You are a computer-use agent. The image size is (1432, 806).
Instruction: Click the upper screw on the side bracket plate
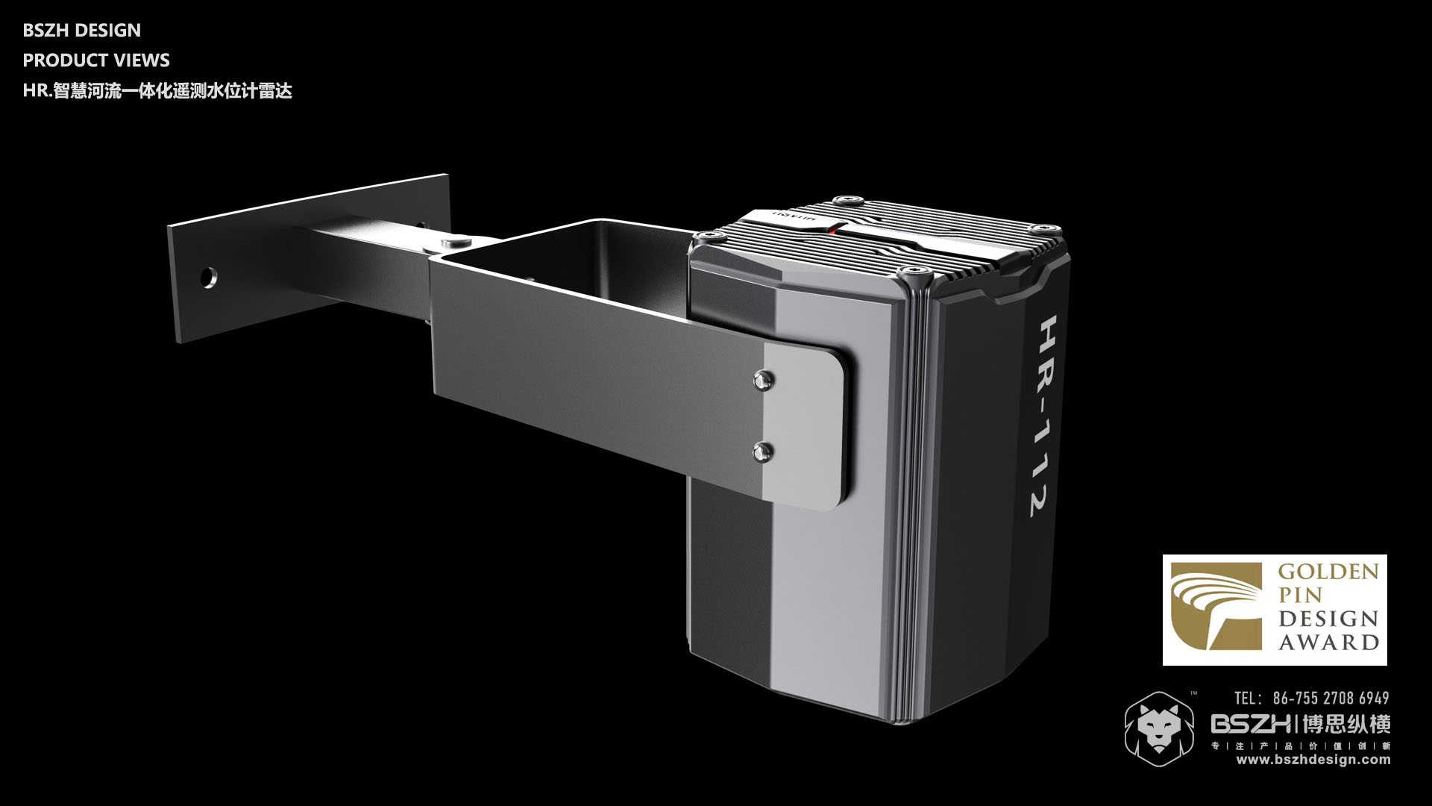pyautogui.click(x=763, y=380)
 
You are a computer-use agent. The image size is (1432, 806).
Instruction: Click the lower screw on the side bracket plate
pyautogui.click(x=762, y=450)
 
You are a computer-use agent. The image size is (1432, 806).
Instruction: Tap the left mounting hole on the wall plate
pyautogui.click(x=208, y=278)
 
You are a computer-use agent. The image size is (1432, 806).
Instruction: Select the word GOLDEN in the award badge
pyautogui.click(x=1328, y=573)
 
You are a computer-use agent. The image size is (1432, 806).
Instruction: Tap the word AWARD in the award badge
pyautogui.click(x=1328, y=643)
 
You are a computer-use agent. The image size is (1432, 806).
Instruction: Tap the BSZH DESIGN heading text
pyautogui.click(x=82, y=31)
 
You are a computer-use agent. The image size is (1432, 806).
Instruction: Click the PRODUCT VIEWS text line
pyautogui.click(x=96, y=60)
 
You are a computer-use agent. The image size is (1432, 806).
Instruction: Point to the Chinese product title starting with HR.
pyautogui.click(x=157, y=91)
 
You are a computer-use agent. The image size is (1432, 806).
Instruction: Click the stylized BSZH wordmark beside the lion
pyautogui.click(x=1252, y=724)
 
